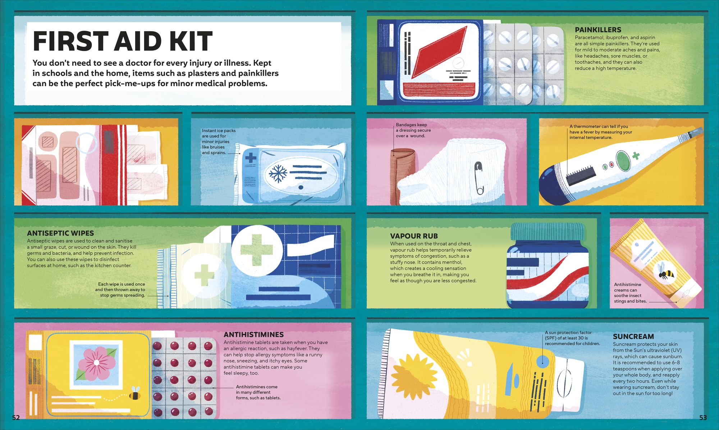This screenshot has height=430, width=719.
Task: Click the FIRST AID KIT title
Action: point(123,41)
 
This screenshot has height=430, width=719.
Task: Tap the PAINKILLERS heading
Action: point(598,30)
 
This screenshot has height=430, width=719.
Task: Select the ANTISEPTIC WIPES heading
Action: point(60,233)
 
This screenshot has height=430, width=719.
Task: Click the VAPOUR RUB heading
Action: point(414,236)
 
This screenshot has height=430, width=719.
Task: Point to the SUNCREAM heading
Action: point(633,337)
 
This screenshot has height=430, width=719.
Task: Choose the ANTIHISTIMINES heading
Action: point(253,334)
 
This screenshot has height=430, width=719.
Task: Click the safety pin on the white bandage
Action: point(479,178)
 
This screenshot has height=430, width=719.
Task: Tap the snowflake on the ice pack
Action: point(279,173)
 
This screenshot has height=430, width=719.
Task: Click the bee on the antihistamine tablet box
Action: point(135,394)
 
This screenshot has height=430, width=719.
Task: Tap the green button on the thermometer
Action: point(623,161)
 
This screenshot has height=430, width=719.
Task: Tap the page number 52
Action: point(16,417)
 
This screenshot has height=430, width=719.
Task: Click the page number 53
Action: point(703,417)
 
